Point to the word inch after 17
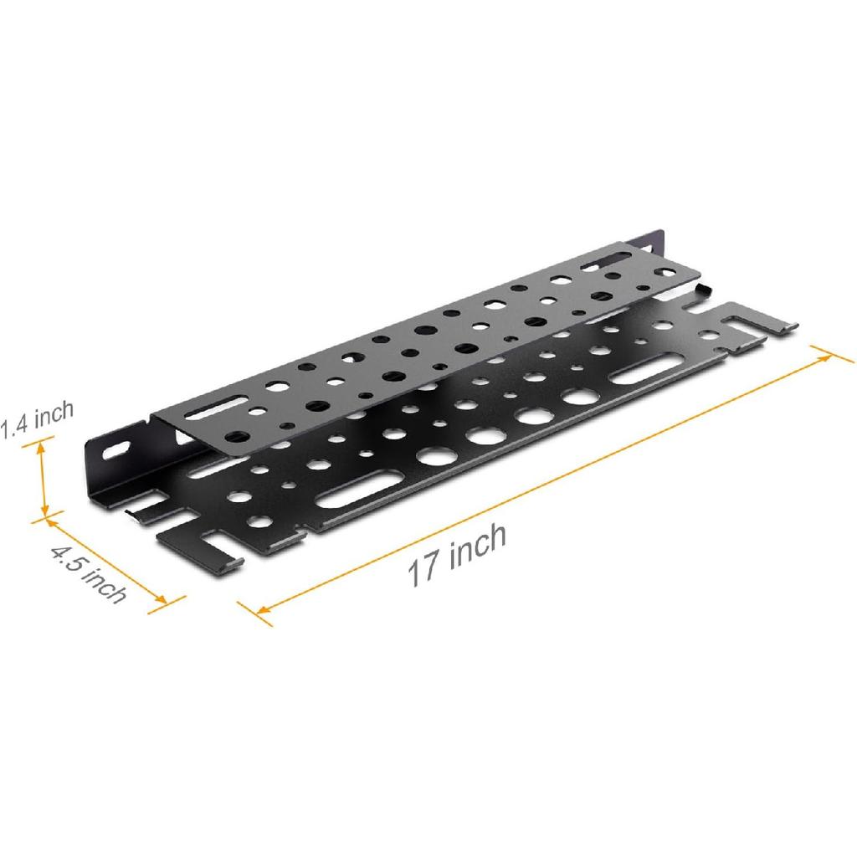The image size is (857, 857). click(x=478, y=545)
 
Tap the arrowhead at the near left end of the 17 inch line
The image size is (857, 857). click(x=261, y=610)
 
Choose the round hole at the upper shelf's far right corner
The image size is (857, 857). click(x=666, y=272)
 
